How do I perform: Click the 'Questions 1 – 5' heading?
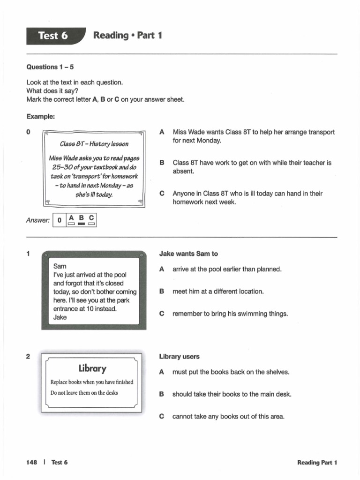[x=50, y=67]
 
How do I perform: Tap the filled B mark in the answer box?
[x=81, y=224]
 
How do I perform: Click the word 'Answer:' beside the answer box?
[x=38, y=221]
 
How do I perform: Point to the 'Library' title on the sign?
[x=92, y=368]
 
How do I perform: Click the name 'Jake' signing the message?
[x=60, y=317]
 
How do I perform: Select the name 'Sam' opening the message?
[x=60, y=266]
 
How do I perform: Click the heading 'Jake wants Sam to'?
[x=188, y=254]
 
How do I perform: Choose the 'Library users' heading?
[x=179, y=357]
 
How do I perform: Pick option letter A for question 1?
[x=162, y=270]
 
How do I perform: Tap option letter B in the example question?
[x=162, y=163]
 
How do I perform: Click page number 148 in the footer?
[x=32, y=462]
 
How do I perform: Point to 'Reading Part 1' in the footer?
[x=317, y=463]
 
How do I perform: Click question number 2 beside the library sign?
[x=28, y=357]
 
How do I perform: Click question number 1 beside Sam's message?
[x=28, y=254]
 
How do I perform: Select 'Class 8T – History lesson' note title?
[x=94, y=144]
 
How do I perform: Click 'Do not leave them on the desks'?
[x=84, y=393]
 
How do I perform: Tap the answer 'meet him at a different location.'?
[x=218, y=292]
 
